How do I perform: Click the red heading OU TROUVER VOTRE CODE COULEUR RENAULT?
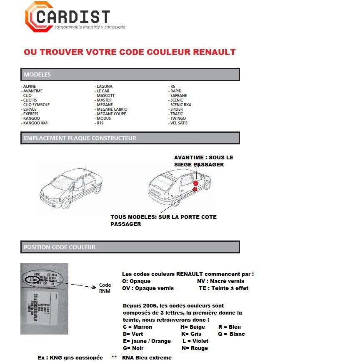[130, 52]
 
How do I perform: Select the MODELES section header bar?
[130, 74]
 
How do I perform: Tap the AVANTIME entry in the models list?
[33, 91]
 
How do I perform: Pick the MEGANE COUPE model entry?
[111, 114]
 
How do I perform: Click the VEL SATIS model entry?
[179, 123]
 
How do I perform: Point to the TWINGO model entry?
[178, 119]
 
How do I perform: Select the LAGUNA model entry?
[104, 87]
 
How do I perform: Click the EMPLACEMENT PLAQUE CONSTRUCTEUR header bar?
[130, 138]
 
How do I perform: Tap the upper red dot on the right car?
[195, 183]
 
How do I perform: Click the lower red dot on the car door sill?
[195, 189]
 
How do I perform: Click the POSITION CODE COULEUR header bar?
[130, 247]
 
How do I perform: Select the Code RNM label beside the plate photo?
[105, 288]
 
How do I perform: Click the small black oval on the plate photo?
[31, 280]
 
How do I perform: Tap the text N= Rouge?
[195, 348]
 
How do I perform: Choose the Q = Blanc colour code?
[231, 334]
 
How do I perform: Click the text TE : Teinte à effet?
[223, 288]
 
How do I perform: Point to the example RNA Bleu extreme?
[147, 357]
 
